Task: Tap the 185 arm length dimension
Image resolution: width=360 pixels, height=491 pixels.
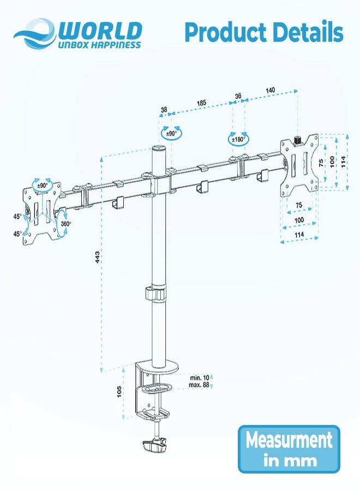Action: [x=201, y=102]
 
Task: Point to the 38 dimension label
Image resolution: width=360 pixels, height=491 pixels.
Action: [x=164, y=110]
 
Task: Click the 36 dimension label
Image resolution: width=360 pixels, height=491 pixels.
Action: [x=238, y=96]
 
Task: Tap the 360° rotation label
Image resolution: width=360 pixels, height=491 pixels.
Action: [x=65, y=223]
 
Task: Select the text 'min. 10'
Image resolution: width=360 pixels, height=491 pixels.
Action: [x=200, y=378]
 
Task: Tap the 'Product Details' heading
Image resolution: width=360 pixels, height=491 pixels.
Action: [x=264, y=33]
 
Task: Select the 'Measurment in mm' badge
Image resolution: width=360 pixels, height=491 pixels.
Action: [x=289, y=449]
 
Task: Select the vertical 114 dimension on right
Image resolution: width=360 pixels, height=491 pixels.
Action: [x=343, y=161]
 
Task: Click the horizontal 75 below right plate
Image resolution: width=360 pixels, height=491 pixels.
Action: [x=298, y=205]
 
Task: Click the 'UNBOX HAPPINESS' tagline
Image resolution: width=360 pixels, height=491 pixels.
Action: [x=95, y=45]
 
